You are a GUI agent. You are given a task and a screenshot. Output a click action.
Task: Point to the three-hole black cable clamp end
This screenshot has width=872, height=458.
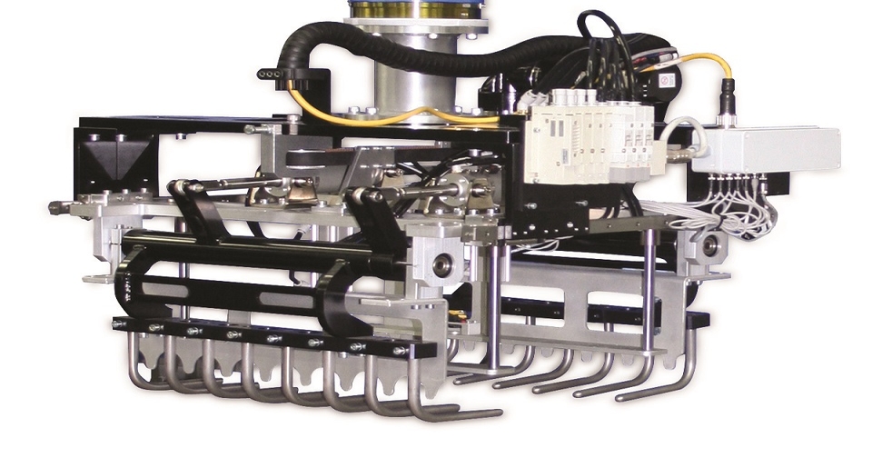(270, 74)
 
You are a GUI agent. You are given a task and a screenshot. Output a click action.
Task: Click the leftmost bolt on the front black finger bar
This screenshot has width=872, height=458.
(117, 324)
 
